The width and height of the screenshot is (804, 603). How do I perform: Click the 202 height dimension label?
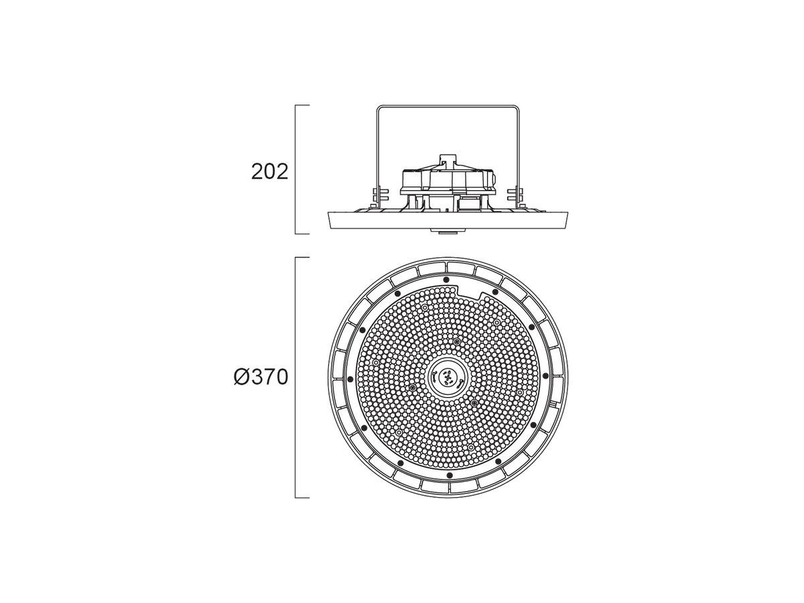[269, 172]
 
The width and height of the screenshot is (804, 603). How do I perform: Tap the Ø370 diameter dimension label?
[261, 377]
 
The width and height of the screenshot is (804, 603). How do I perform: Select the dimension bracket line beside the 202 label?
[296, 169]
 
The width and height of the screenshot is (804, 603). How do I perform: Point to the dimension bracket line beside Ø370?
[296, 377]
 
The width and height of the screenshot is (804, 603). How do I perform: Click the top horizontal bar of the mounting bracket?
[448, 107]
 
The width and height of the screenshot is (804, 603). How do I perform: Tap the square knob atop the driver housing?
[448, 160]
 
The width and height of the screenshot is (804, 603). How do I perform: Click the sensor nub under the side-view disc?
[448, 230]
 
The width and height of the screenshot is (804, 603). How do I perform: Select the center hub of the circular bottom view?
[448, 377]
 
